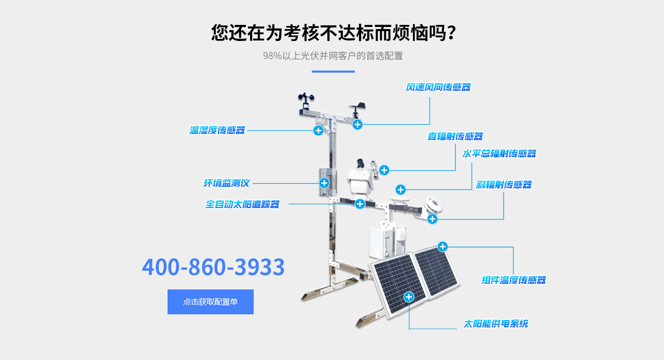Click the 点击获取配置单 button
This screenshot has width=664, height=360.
tap(211, 301)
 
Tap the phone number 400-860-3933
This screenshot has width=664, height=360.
tap(213, 267)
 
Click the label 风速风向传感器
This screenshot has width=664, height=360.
tap(438, 87)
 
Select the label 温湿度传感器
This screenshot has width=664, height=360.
tap(217, 130)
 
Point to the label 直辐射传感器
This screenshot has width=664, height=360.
tap(455, 136)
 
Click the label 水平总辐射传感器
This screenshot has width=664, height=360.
tap(499, 154)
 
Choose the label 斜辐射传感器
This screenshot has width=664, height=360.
tap(504, 185)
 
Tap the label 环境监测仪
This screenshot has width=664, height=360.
tap(227, 183)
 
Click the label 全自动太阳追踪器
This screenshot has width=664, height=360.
tap(242, 204)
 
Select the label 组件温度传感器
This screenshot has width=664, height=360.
tap(514, 280)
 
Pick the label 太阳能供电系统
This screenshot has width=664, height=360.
tap(495, 324)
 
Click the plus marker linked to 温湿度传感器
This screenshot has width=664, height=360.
tap(319, 130)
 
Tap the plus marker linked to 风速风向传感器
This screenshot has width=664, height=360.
tap(357, 124)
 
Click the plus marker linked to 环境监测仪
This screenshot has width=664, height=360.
tap(324, 183)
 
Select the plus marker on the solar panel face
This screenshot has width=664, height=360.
tap(409, 297)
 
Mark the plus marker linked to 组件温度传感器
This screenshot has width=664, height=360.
tap(442, 246)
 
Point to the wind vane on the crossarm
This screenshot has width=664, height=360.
tap(357, 110)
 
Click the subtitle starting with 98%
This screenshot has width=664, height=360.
tap(333, 56)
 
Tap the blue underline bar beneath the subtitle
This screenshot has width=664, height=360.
tap(333, 72)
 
